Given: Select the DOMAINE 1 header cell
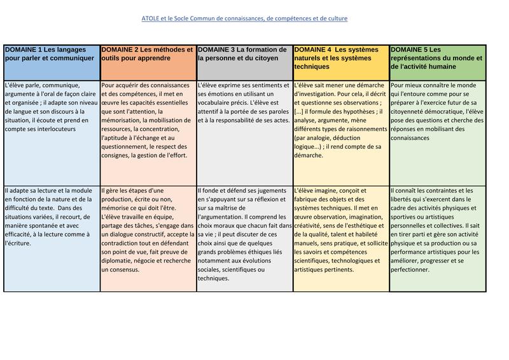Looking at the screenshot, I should pos(52,62).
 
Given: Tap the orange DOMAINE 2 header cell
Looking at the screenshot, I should pos(148,62).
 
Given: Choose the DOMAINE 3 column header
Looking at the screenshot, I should pos(245,62).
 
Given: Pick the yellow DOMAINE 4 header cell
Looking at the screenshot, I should pos(342,62).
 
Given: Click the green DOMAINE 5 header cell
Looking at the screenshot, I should pos(438,62).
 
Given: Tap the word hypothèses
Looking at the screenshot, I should pos(351,111).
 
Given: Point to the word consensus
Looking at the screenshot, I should pos(119,270).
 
